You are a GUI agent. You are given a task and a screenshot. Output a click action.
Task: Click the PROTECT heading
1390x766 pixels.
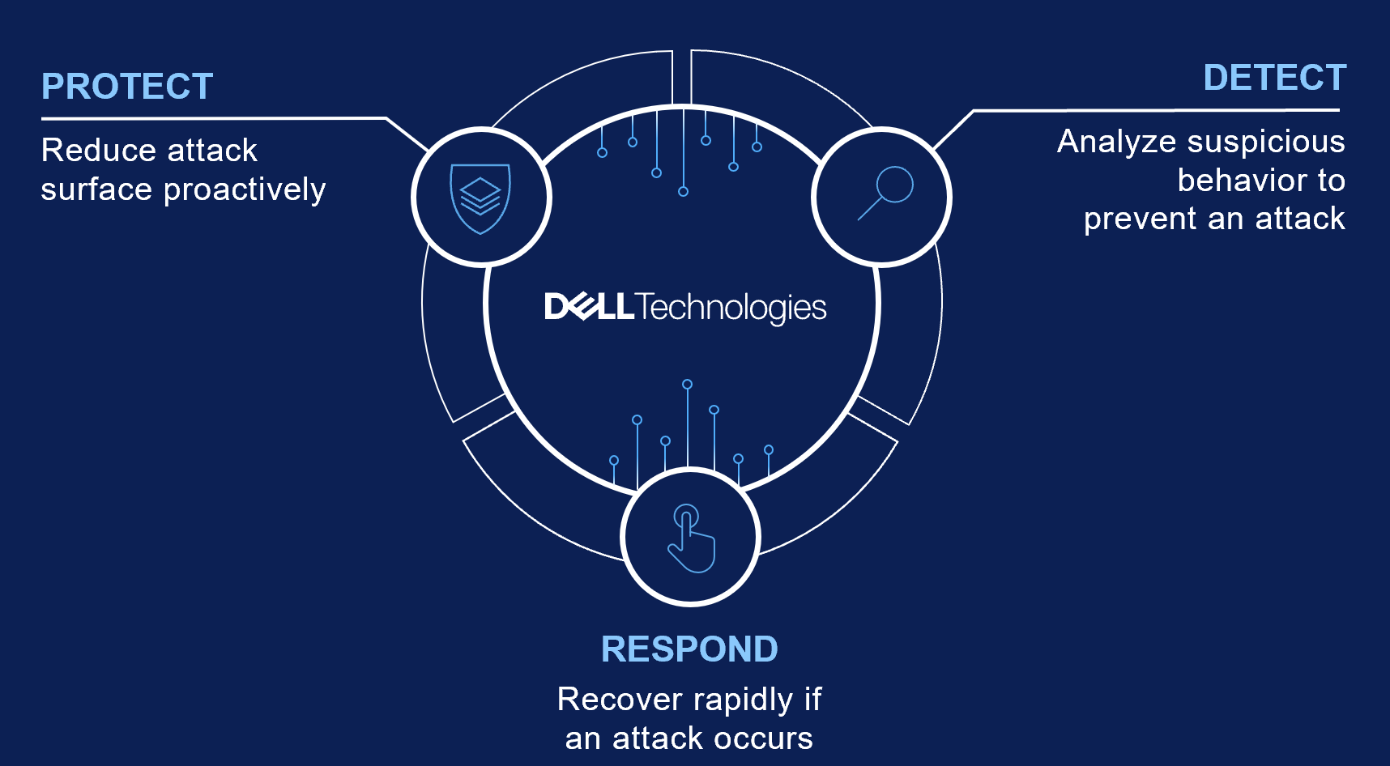[x=127, y=87]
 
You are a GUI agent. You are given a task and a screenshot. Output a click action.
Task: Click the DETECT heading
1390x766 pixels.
[x=1274, y=78]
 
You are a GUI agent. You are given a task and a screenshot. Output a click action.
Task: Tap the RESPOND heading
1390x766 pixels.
[x=689, y=649]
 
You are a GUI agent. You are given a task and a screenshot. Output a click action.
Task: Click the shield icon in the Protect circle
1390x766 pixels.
[x=480, y=198]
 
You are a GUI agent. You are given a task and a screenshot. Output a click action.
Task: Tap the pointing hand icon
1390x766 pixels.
[x=691, y=539]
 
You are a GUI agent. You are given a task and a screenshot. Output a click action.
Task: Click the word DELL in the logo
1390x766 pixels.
[x=589, y=307]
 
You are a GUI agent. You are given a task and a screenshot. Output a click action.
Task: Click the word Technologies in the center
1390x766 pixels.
[x=731, y=308]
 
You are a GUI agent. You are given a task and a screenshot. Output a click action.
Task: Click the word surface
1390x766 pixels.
[x=96, y=189]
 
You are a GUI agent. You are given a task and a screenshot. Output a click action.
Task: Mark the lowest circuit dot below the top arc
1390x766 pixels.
[x=683, y=191]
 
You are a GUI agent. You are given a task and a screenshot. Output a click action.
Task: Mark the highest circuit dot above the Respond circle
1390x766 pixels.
[x=687, y=384]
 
